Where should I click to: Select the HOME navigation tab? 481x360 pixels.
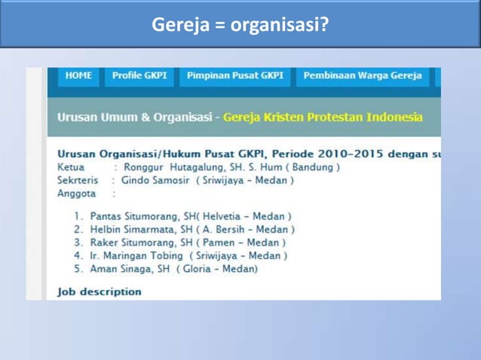pyautogui.click(x=78, y=76)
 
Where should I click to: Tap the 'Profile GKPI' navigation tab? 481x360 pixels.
pyautogui.click(x=139, y=76)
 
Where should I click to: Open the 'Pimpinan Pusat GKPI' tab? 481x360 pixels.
pyautogui.click(x=235, y=76)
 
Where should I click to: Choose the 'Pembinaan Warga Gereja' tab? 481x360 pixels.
pyautogui.click(x=362, y=76)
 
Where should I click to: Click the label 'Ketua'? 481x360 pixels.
pyautogui.click(x=70, y=167)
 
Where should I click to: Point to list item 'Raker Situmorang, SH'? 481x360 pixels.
pyautogui.click(x=148, y=243)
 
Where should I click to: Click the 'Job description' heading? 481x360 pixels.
pyautogui.click(x=99, y=291)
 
